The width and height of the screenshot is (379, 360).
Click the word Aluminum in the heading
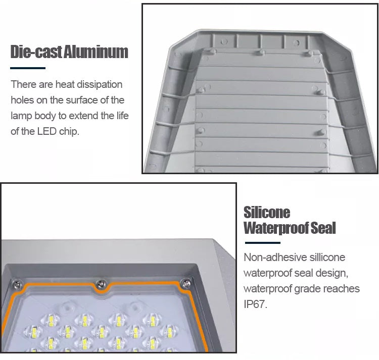point(96,52)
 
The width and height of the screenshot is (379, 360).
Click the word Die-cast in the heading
point(36,52)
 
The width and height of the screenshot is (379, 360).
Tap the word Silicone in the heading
point(267,212)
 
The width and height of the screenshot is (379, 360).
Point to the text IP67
point(256,304)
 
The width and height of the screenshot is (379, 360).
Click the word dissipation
point(100,84)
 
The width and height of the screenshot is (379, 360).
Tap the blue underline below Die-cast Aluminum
point(28,68)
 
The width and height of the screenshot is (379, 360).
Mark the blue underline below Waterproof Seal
point(262,243)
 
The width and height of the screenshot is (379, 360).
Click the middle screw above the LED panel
point(101,284)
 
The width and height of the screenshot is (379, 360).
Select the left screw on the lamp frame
point(17,285)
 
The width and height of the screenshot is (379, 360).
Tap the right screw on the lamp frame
point(186,283)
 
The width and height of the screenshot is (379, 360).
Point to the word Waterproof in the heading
point(276,228)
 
